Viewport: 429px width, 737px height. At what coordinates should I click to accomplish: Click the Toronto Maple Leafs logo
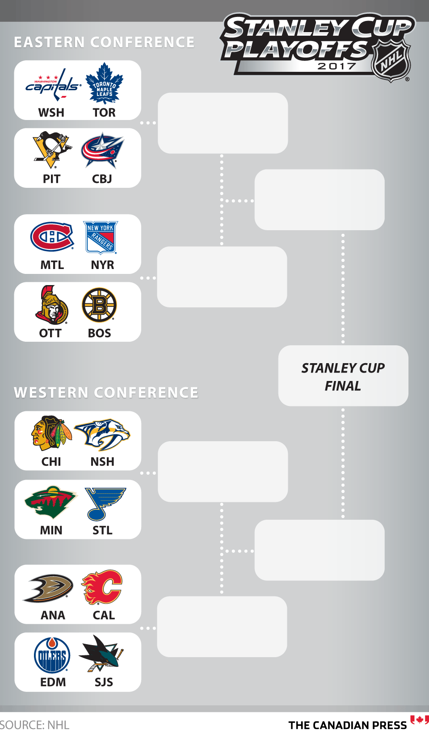tap(104, 83)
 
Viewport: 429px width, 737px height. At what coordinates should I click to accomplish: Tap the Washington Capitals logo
tap(53, 85)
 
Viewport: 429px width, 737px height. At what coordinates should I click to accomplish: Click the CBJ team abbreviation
tap(102, 179)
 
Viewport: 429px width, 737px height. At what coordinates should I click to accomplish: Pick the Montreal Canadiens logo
tap(52, 236)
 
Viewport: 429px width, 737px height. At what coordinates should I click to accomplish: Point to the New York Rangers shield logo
tap(101, 237)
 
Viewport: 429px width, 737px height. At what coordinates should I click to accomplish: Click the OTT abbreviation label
tap(50, 333)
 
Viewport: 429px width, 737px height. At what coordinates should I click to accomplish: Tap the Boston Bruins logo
tap(99, 305)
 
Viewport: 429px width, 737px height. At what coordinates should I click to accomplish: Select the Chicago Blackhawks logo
tap(51, 433)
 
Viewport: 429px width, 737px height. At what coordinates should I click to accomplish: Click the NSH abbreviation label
tap(102, 462)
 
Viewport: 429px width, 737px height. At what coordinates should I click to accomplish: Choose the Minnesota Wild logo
tap(51, 502)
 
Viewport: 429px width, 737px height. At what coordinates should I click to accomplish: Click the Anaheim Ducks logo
tap(48, 588)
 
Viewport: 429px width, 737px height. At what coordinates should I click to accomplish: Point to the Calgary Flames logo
tap(102, 588)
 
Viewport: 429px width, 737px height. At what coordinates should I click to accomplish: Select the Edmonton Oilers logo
tap(52, 655)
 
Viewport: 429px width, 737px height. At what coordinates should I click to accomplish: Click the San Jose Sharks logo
tap(101, 654)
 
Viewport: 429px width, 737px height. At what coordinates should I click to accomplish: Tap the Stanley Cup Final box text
tap(343, 377)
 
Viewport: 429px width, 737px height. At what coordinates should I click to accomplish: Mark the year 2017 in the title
tap(336, 66)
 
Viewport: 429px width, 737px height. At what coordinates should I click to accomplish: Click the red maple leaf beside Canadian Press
tap(420, 720)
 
